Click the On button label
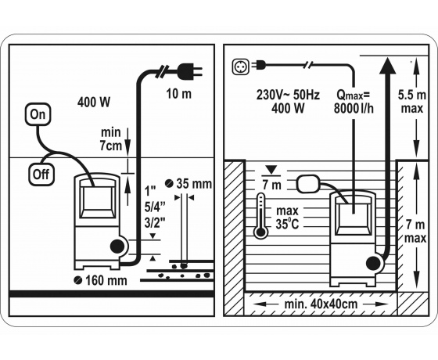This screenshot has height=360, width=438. [38, 114]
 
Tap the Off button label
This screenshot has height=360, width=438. [41, 175]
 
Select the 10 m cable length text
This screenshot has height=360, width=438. [179, 94]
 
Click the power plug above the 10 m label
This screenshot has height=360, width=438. [189, 70]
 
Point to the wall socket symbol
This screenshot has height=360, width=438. [241, 66]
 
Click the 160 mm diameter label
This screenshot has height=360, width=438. [101, 280]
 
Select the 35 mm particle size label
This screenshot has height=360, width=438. [188, 184]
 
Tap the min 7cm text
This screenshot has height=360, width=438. [111, 139]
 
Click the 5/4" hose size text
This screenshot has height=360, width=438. [155, 207]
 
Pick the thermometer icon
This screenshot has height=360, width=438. [261, 216]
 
